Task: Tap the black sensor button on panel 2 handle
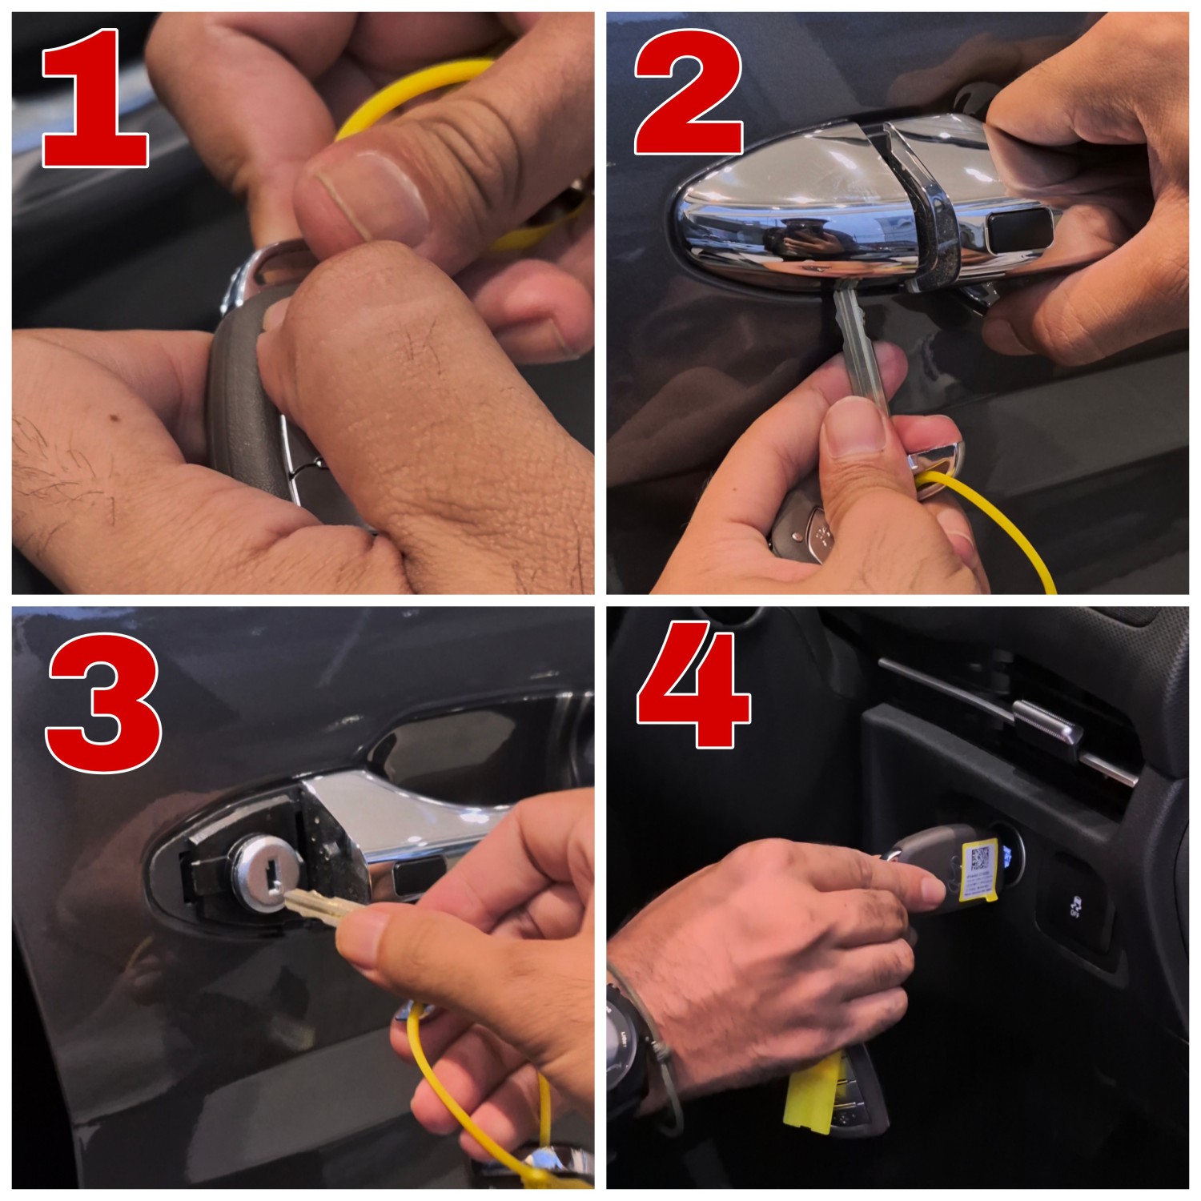pos(1020,231)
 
